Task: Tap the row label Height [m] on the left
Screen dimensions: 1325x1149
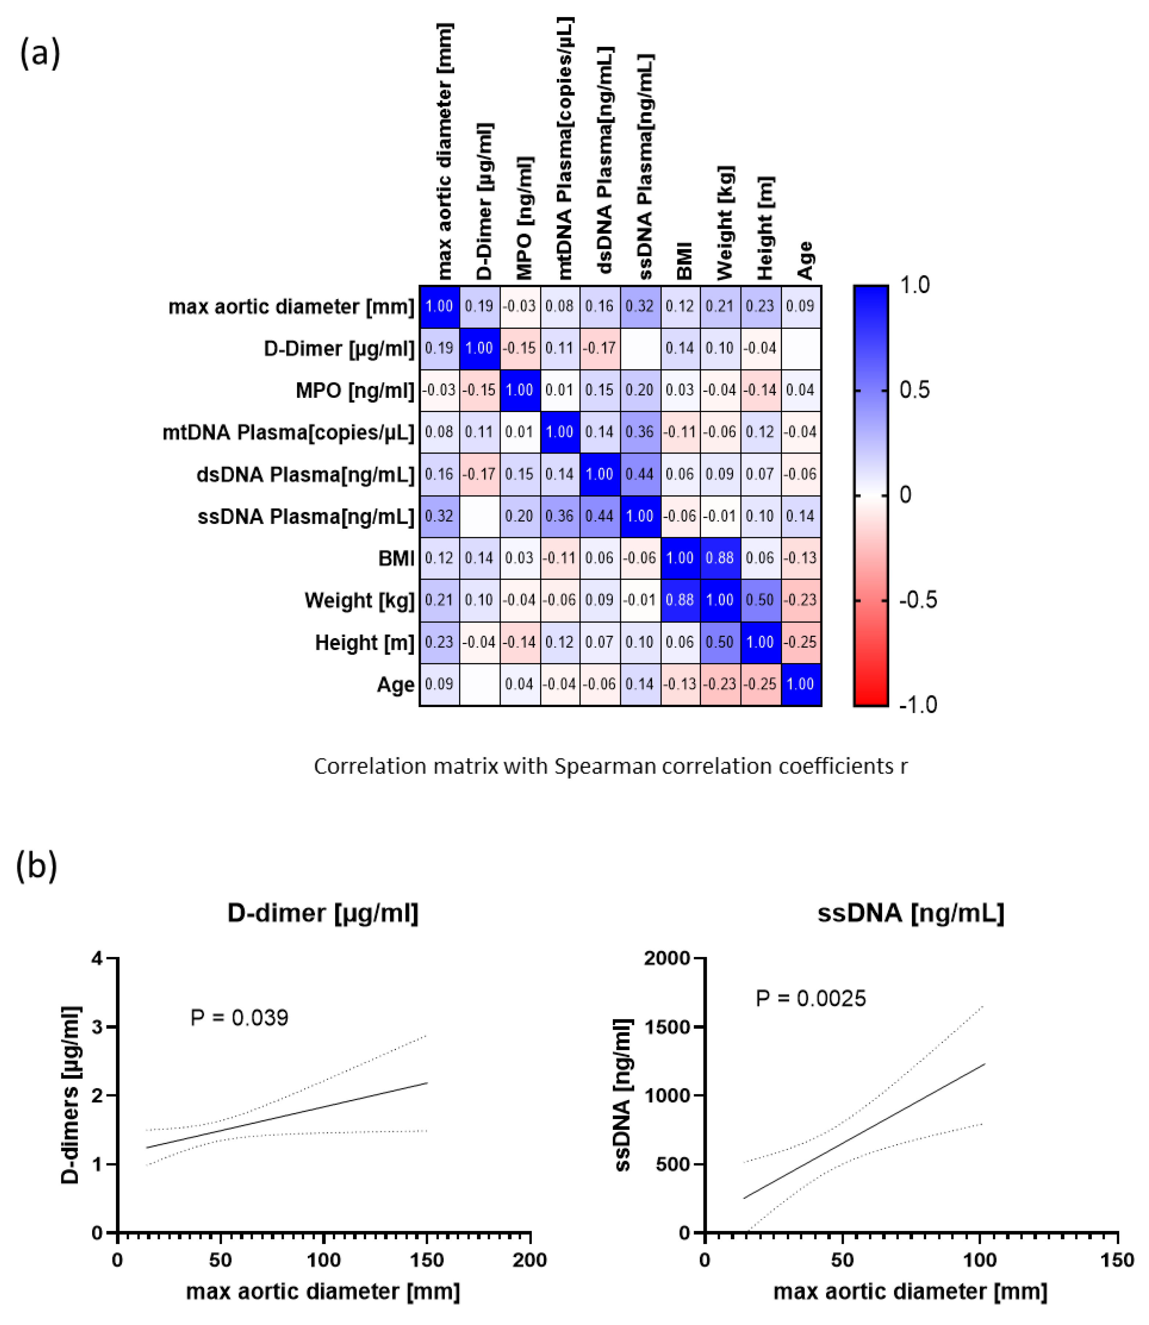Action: click(x=364, y=642)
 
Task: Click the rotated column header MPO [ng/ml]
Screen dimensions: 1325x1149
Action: click(x=524, y=218)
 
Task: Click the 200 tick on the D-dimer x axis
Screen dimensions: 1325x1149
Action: click(x=530, y=1260)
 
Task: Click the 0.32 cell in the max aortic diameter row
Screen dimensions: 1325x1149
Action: click(x=639, y=306)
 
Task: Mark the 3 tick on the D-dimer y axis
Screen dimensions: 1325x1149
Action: click(x=98, y=1027)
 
